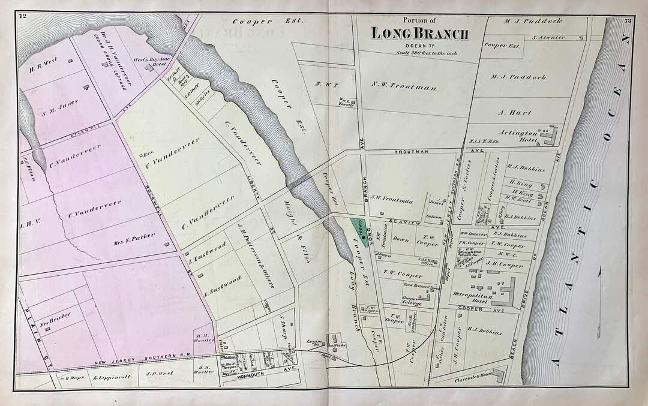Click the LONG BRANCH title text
[419, 34]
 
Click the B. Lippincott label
[107, 378]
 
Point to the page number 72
[23, 16]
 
